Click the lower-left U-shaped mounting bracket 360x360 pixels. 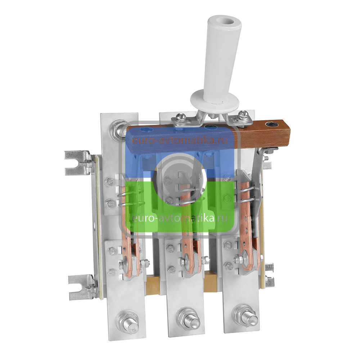click(x=80, y=287)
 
